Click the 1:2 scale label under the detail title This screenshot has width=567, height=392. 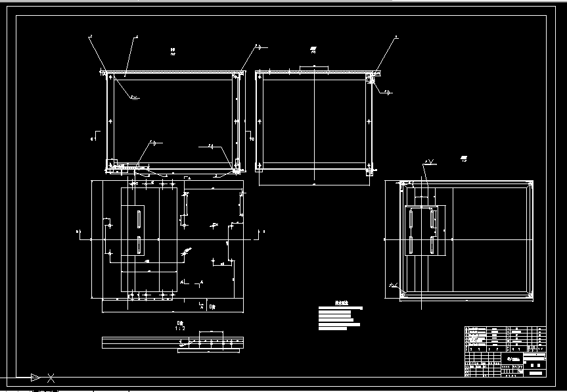180,328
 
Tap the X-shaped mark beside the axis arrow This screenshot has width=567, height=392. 51,378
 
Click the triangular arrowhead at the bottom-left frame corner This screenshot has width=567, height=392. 35,378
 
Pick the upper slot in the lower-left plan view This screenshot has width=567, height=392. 139,218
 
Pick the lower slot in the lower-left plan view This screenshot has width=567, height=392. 139,245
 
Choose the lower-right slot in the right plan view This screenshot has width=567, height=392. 432,245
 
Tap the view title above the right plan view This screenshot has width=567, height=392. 463,159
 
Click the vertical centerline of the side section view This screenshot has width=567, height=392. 315,125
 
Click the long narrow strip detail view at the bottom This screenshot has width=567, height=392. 173,343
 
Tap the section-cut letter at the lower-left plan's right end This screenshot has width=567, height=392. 263,232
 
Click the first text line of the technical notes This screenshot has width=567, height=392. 340,308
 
